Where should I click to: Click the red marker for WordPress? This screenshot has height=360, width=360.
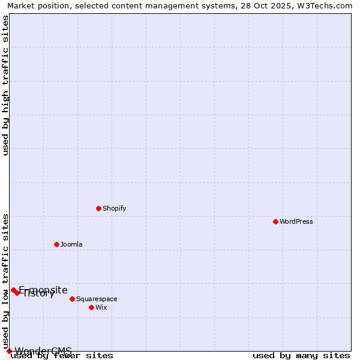coord(275,221)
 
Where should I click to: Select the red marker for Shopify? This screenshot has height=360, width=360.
coord(98,208)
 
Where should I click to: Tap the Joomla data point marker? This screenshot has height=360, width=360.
coord(56,244)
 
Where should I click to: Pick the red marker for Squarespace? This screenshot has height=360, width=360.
coord(72,299)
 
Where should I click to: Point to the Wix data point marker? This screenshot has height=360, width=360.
coord(91,307)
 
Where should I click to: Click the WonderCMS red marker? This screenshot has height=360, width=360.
coord(9,351)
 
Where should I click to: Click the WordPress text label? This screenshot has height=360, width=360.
coord(296,221)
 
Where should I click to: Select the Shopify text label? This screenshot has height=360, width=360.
coord(114,208)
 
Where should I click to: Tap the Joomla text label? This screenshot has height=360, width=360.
coord(71,244)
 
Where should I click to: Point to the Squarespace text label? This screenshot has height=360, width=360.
coord(97,299)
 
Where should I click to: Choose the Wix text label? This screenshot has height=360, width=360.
coord(101,307)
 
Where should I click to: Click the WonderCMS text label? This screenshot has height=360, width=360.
coord(43,351)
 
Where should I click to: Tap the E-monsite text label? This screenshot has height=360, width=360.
coord(43,290)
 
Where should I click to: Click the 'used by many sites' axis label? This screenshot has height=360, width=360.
coord(301,356)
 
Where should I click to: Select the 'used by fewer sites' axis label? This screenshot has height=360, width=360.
coord(62,356)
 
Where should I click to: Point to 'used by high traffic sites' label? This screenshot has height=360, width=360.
coord(5,85)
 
